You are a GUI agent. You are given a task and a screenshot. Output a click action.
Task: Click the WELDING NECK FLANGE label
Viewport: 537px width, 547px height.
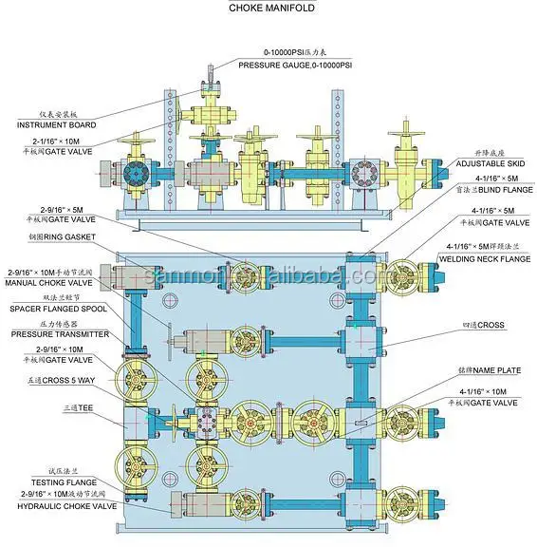pos(485,256)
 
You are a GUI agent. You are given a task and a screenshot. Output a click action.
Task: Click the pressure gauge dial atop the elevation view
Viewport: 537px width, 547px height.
pos(211,67)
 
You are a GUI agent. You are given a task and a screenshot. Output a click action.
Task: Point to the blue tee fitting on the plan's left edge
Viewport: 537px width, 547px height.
pos(132,421)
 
